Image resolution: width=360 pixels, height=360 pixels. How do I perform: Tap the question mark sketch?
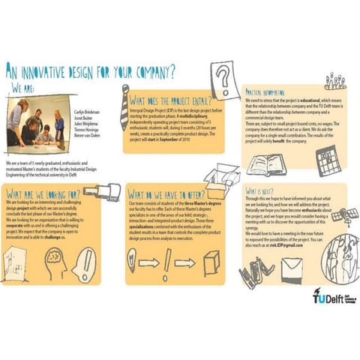tap(222, 79)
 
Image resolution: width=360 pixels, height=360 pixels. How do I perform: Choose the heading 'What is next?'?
tap(263, 193)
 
